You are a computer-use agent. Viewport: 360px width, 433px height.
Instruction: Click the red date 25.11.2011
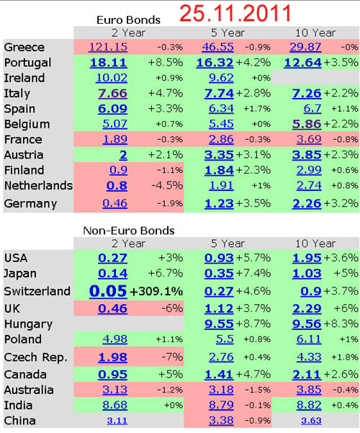click(x=235, y=13)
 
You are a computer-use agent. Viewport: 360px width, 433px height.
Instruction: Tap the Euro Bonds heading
click(x=128, y=20)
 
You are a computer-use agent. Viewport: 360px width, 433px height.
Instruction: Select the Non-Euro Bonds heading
click(x=129, y=231)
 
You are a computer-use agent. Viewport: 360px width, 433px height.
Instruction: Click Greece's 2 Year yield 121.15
click(x=108, y=47)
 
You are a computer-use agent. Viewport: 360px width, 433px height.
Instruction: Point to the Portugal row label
click(x=27, y=63)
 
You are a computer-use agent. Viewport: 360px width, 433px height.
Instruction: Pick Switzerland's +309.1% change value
click(x=156, y=291)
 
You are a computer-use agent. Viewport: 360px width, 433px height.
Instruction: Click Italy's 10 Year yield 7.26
click(x=307, y=94)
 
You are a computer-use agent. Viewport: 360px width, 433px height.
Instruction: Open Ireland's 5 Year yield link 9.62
click(x=221, y=78)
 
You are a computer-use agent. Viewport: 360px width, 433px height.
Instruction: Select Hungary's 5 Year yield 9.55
click(x=219, y=324)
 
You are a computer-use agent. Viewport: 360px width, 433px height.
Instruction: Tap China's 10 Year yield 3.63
click(x=311, y=421)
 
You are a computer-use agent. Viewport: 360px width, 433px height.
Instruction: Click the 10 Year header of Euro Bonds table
click(x=315, y=33)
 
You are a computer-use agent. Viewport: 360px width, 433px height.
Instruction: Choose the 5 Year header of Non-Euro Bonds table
click(x=228, y=244)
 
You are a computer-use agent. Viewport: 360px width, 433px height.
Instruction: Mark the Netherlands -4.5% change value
click(x=167, y=185)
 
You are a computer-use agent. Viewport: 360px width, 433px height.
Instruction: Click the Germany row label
click(x=31, y=204)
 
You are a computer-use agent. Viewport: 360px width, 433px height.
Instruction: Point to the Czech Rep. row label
click(x=35, y=357)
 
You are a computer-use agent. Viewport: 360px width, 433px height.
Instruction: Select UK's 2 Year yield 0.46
click(x=112, y=308)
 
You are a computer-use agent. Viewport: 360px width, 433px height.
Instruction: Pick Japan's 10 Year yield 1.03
click(x=307, y=273)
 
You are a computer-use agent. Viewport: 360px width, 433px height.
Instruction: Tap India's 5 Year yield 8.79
click(x=221, y=405)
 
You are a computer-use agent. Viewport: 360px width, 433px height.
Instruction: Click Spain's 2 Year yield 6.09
click(x=112, y=109)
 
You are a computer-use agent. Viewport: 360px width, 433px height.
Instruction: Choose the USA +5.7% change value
click(x=253, y=258)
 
